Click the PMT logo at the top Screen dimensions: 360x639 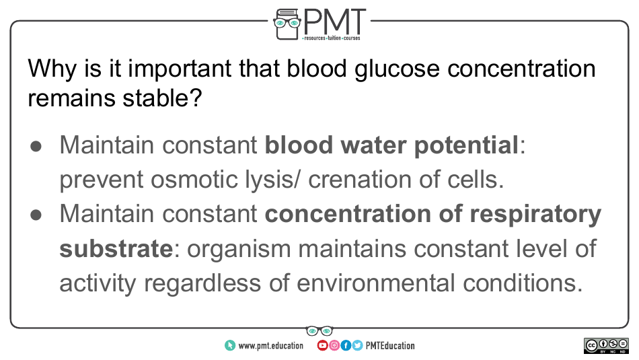pyautogui.click(x=319, y=25)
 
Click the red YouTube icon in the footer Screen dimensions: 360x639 pyautogui.click(x=322, y=346)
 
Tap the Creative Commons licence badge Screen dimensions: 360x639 pyautogui.click(x=606, y=346)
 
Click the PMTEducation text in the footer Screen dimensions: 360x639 pyautogui.click(x=390, y=346)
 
